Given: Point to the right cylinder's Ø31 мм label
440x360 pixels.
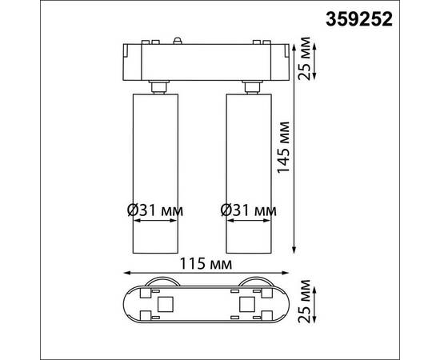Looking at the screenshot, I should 249,211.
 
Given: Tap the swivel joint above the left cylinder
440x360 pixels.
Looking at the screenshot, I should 158,84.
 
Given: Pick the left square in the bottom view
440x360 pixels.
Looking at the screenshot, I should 168,304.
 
